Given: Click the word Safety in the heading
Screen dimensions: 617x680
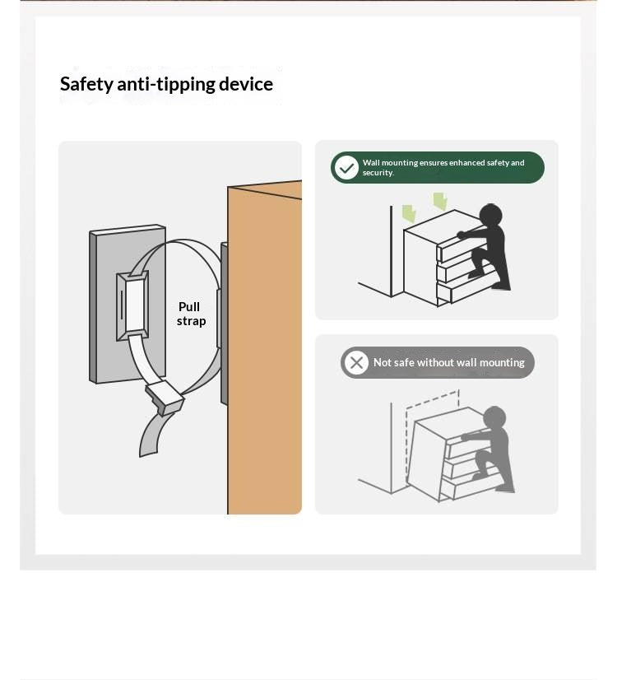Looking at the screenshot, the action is click(x=86, y=84).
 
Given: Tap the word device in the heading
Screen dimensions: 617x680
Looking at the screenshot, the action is click(x=246, y=84).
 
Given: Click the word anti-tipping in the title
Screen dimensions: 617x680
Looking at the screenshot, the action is click(x=166, y=85).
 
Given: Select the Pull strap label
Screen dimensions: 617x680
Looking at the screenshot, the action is click(x=191, y=314).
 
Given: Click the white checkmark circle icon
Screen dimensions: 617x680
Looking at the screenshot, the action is click(x=346, y=168).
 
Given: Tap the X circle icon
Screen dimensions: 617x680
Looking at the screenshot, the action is click(x=356, y=362).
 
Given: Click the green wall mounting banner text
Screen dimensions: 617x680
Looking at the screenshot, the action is click(x=443, y=167).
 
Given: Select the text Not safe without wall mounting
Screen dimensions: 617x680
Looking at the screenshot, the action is click(x=449, y=362).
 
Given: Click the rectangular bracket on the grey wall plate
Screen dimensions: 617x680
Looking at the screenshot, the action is click(x=132, y=306).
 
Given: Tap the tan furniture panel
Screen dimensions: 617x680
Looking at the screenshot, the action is click(x=265, y=347).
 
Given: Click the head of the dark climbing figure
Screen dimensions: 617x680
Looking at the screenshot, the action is click(x=490, y=215).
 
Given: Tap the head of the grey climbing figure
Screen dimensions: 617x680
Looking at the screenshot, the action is click(x=494, y=417).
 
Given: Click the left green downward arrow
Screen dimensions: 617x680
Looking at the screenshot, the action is click(x=409, y=214).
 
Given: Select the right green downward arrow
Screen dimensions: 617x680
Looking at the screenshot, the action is click(x=440, y=202).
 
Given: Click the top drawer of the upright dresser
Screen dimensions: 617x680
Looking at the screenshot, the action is click(x=460, y=245).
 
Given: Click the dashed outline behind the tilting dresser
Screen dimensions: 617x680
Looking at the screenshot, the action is click(x=432, y=434).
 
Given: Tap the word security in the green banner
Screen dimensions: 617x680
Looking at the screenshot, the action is click(x=378, y=173).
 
